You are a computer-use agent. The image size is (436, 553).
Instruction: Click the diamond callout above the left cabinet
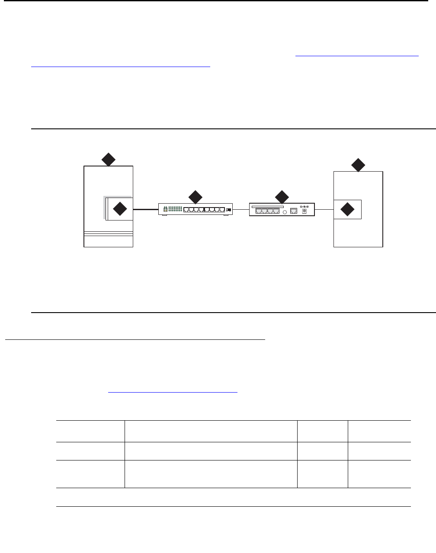click(108, 160)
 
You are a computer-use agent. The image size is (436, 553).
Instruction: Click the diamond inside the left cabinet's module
click(120, 209)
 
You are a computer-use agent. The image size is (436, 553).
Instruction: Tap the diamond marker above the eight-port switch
click(196, 196)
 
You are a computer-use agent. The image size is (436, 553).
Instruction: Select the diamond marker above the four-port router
click(282, 196)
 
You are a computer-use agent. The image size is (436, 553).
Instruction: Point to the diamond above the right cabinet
click(358, 165)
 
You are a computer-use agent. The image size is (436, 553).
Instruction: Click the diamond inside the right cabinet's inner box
click(347, 210)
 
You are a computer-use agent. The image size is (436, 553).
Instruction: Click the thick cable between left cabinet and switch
click(145, 209)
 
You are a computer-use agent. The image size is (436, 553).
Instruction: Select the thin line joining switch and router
click(241, 210)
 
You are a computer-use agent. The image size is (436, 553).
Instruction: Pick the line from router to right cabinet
click(324, 210)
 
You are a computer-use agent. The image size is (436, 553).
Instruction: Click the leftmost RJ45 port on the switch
click(186, 210)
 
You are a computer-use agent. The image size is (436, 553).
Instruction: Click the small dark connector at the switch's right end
click(229, 210)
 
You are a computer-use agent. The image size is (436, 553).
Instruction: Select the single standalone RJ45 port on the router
click(294, 211)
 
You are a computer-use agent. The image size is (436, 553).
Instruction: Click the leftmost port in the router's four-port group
click(258, 211)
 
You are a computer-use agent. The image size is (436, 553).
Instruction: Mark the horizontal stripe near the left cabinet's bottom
click(108, 234)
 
